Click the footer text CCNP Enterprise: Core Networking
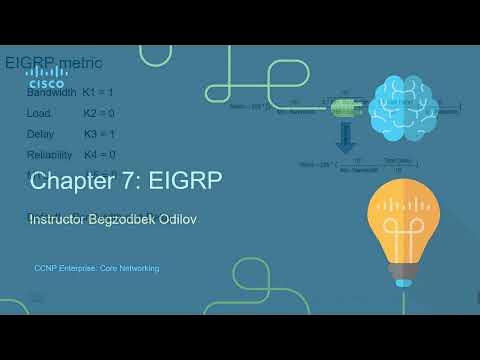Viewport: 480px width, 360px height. pos(96,268)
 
